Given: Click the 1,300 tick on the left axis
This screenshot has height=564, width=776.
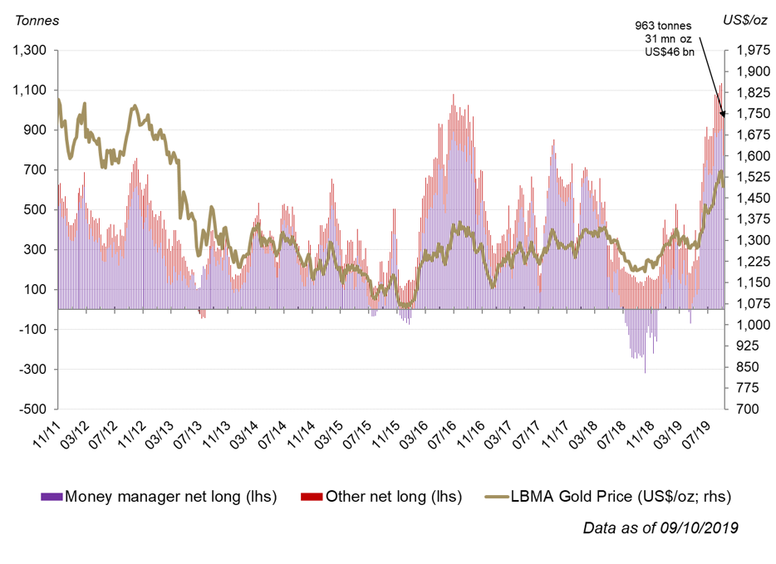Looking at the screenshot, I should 29,51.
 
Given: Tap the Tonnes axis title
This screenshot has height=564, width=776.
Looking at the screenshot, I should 32,20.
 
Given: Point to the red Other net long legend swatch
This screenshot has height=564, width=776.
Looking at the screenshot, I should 312,497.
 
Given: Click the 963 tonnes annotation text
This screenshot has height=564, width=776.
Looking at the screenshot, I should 663,26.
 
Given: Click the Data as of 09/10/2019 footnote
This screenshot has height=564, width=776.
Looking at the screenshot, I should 660,527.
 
